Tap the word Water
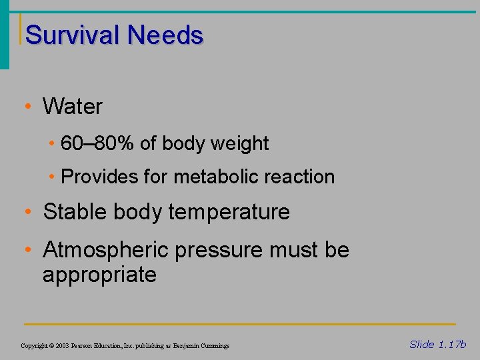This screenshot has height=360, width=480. pyautogui.click(x=73, y=106)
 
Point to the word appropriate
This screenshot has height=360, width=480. pyautogui.click(x=99, y=275)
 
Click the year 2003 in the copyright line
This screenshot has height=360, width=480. pyautogui.click(x=61, y=346)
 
